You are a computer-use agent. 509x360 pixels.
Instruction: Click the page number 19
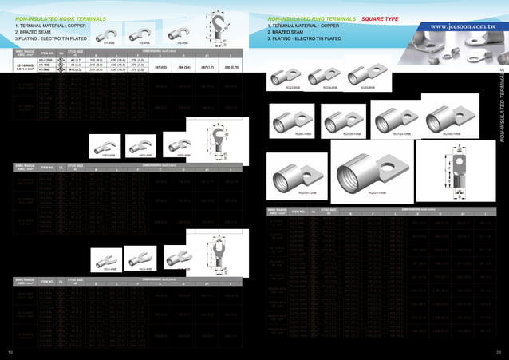pyautogui.click(x=10, y=352)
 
